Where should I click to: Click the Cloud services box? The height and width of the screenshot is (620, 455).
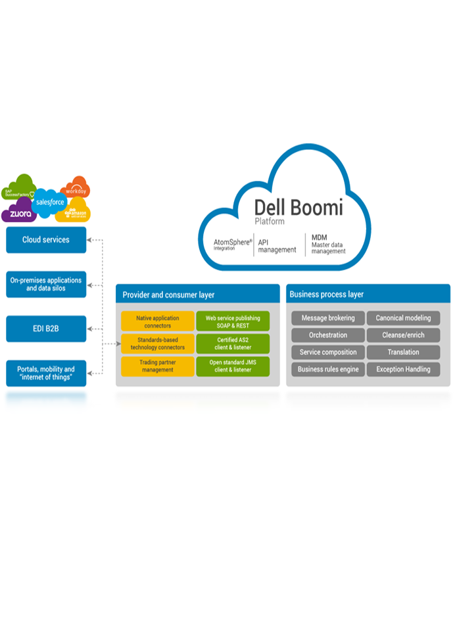(46, 240)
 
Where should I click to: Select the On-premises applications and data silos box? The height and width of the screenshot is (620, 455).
(46, 284)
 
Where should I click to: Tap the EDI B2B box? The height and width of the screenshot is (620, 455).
(46, 328)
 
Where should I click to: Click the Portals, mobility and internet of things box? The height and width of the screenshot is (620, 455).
(46, 373)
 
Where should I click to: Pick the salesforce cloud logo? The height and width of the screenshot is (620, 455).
(49, 202)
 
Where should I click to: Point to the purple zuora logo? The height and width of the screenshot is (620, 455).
(20, 214)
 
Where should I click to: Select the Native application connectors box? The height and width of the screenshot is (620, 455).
(158, 322)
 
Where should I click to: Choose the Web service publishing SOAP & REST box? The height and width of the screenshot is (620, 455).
(233, 322)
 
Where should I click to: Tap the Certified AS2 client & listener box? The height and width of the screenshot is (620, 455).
(233, 343)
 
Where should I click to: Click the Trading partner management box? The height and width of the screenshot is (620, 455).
(158, 366)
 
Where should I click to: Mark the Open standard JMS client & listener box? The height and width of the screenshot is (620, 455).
(233, 366)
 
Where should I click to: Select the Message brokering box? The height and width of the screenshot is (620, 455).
(327, 318)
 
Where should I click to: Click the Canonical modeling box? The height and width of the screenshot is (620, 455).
(403, 318)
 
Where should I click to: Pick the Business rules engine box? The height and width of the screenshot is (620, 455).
(327, 370)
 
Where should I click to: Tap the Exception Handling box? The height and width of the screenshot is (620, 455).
(403, 370)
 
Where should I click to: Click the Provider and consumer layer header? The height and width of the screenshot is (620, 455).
(198, 295)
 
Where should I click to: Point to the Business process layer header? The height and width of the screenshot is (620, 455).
(368, 294)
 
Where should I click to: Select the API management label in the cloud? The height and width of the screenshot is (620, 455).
(277, 246)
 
